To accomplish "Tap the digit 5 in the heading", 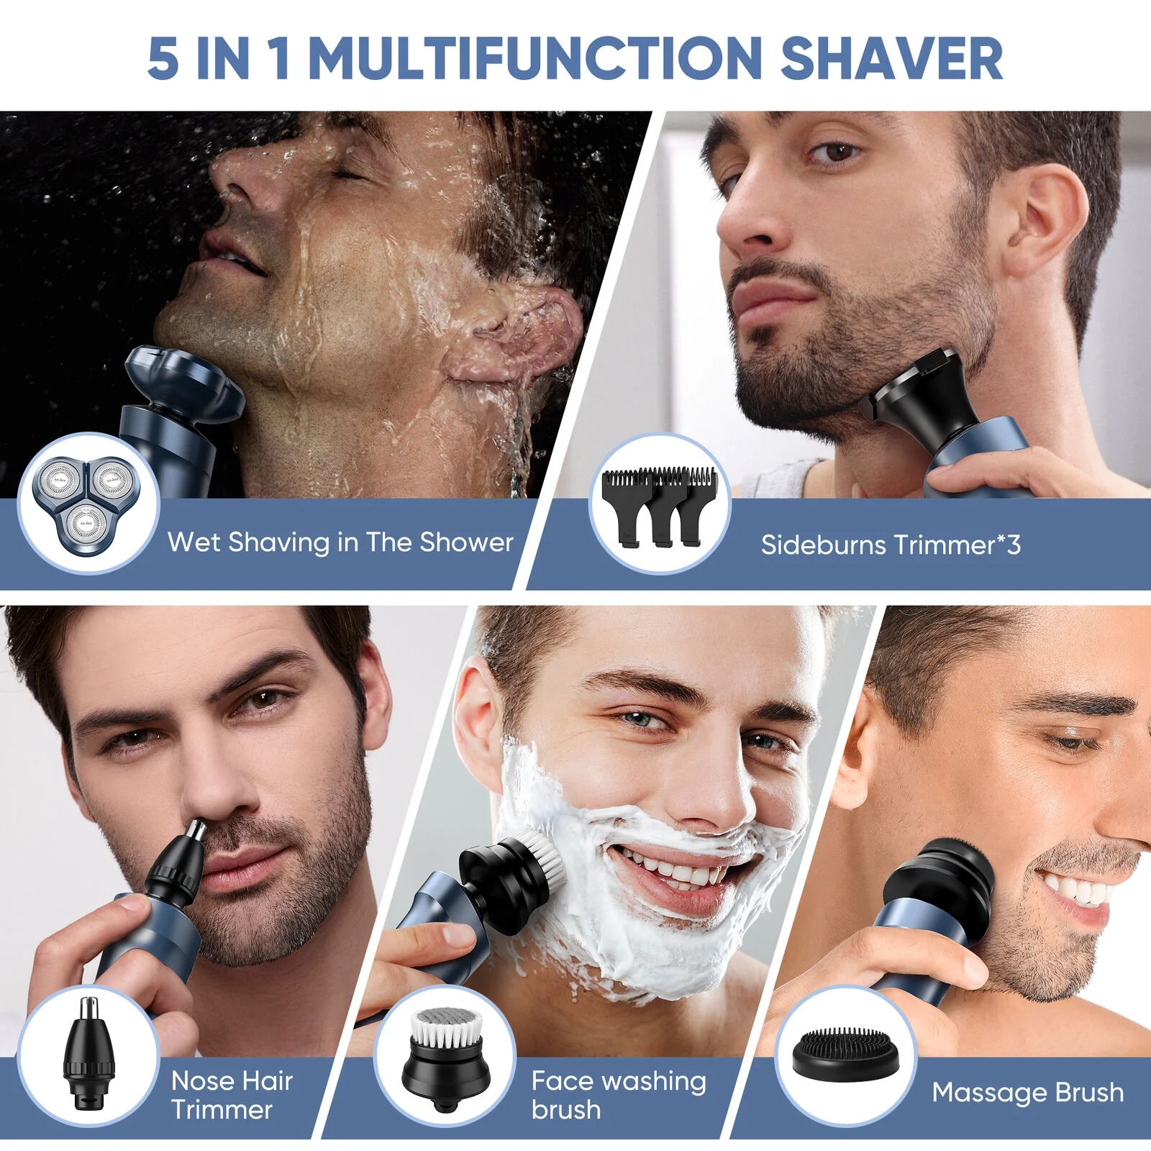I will point(163,59).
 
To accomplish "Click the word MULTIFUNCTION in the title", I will point(535,59).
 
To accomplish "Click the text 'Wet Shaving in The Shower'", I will point(340,542).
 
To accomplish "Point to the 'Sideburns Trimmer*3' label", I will point(891,545).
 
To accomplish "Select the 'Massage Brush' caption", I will point(1027,1092).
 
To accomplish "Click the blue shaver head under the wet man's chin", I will point(183,385).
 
